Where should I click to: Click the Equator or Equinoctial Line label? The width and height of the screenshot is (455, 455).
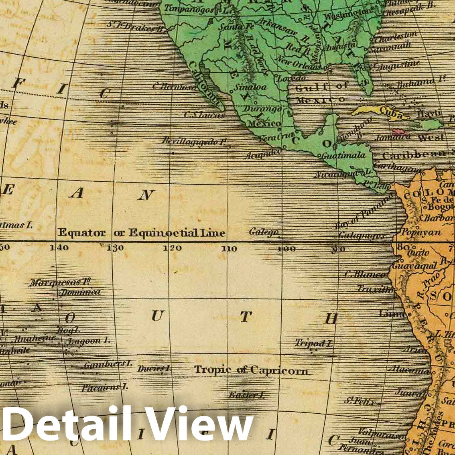[141, 233]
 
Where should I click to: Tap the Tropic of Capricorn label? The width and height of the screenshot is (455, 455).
[252, 370]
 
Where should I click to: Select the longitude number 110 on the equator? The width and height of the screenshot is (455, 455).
[229, 249]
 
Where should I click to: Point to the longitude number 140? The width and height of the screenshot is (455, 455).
[59, 248]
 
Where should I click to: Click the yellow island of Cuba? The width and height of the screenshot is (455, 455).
[381, 113]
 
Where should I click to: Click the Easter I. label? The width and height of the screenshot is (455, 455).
[246, 395]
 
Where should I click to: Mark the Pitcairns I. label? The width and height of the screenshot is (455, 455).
[105, 388]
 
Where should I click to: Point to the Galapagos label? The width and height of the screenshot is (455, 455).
[362, 236]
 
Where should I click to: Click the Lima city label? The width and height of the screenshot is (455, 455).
[392, 314]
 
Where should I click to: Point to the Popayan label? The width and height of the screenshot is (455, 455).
[421, 232]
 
